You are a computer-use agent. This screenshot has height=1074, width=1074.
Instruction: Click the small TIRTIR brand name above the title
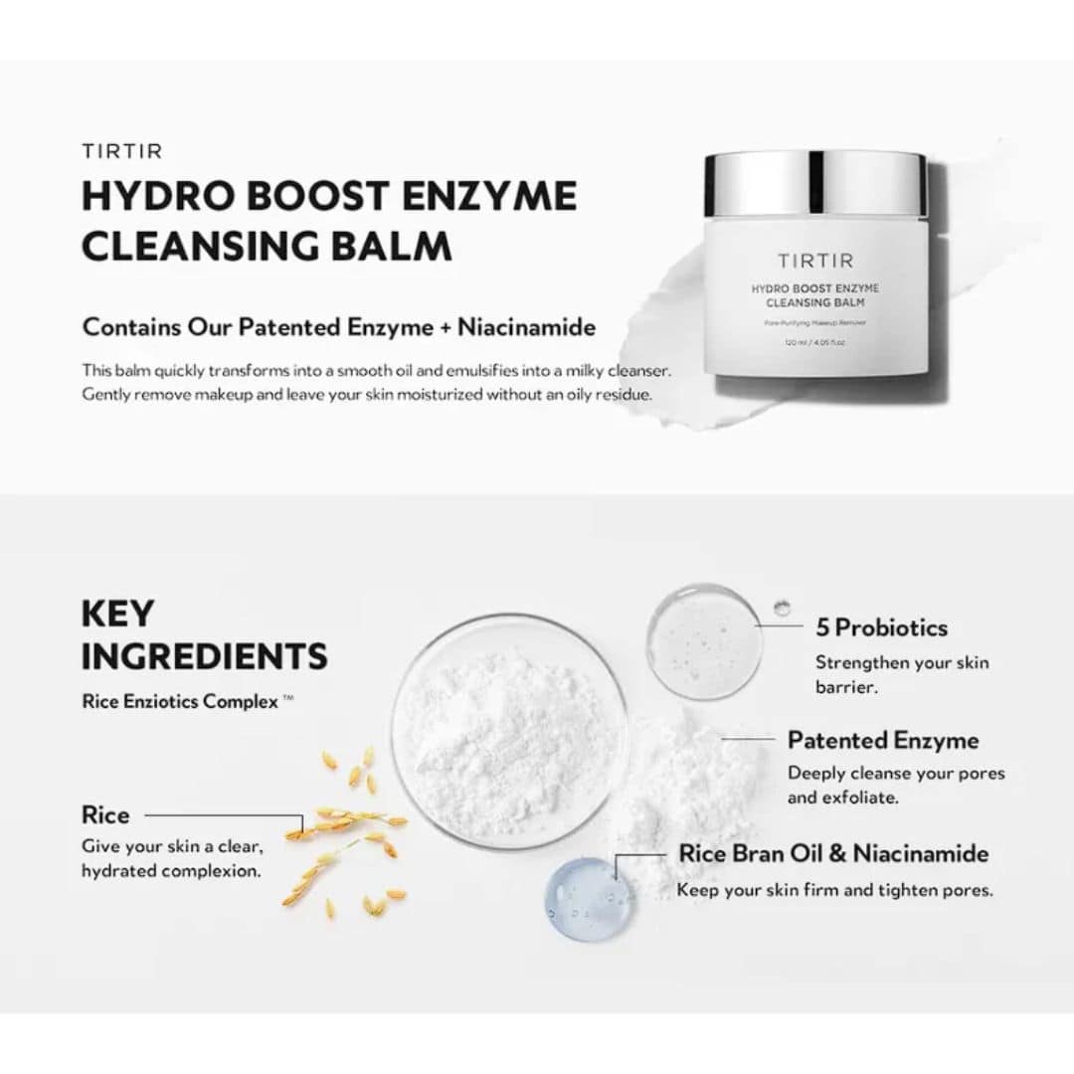pos(121,151)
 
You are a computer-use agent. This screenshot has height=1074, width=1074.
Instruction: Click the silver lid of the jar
pos(815,184)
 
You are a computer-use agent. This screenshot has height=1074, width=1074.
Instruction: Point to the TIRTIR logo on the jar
pos(814,262)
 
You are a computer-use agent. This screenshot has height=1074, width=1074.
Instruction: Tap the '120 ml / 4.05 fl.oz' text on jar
pos(815,342)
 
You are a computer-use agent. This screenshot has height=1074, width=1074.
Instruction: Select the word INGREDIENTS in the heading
pos(204,656)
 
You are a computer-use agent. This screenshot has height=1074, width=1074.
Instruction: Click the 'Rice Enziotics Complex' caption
pos(180,701)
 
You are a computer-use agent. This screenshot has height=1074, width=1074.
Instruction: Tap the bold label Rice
pos(105,815)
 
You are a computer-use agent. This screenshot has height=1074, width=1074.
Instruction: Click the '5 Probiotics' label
pos(881,627)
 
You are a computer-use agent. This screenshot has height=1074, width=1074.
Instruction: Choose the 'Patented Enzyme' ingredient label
pos(883,740)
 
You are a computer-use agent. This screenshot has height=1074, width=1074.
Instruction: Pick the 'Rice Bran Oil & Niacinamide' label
pos(833,853)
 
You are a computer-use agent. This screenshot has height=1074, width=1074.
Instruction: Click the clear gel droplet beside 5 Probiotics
pos(704,641)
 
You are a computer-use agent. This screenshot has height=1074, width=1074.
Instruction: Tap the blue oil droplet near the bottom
pos(590,899)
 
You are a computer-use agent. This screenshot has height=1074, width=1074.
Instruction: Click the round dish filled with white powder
pos(509,731)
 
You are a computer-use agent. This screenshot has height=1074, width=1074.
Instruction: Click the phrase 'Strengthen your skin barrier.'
pos(902,674)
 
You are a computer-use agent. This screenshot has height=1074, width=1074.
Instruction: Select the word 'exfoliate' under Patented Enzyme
pos(862,798)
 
